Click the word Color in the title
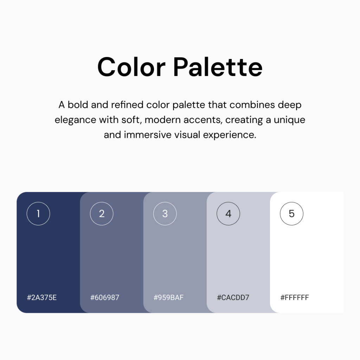click(131, 67)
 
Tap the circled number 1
click(38, 213)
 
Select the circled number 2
click(102, 213)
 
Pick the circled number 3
click(165, 213)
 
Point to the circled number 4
click(228, 213)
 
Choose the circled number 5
click(291, 213)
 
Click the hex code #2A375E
click(42, 297)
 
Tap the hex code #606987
click(105, 297)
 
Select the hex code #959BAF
click(168, 297)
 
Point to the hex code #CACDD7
click(233, 297)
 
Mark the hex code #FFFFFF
click(295, 297)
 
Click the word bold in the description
click(78, 105)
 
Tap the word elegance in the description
click(75, 120)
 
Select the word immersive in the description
click(148, 135)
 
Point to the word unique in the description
click(289, 120)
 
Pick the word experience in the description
click(230, 135)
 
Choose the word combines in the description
click(252, 105)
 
